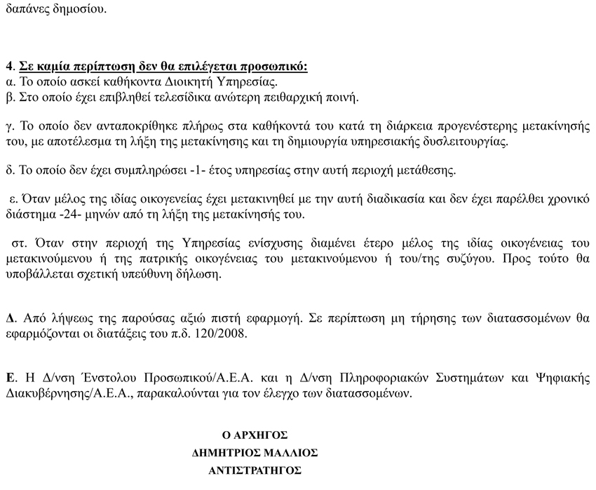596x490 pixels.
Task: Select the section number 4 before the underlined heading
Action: point(8,67)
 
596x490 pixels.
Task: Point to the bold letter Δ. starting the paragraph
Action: point(10,318)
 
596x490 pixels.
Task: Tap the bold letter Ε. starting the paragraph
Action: point(10,379)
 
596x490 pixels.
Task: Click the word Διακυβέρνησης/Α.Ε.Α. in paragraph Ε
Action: point(52,393)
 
